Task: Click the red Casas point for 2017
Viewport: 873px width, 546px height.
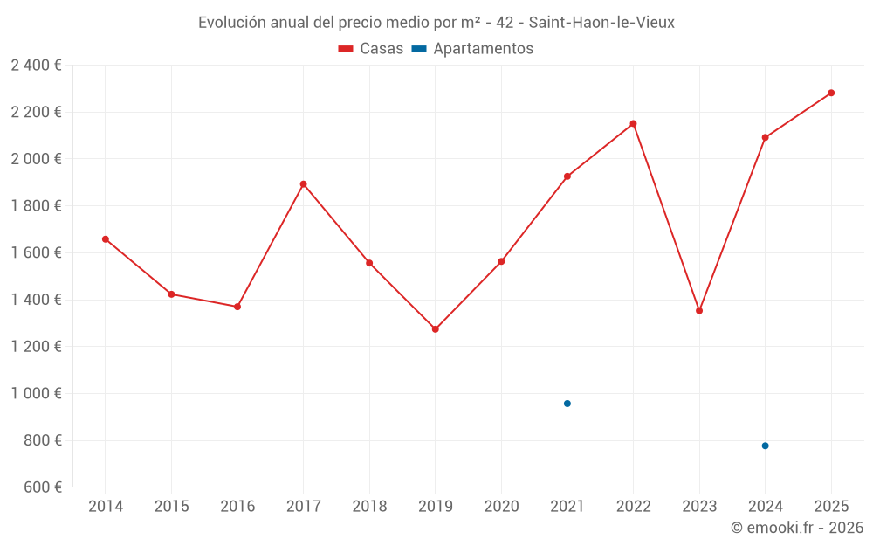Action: click(303, 184)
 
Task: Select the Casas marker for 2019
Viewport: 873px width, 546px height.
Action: click(436, 329)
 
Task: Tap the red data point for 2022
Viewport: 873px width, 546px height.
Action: click(633, 124)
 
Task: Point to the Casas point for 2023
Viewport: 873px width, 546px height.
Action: click(699, 311)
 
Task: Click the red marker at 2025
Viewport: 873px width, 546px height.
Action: click(831, 93)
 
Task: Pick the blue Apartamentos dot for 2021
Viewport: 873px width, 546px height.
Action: click(567, 404)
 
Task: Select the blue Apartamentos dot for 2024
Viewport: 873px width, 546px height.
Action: click(765, 446)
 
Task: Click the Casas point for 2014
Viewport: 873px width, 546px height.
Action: click(106, 239)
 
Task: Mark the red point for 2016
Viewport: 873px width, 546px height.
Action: click(237, 307)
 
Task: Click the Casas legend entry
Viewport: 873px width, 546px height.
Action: click(371, 49)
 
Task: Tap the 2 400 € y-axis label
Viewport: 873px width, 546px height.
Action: click(37, 65)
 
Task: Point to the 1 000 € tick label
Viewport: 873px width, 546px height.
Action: click(37, 393)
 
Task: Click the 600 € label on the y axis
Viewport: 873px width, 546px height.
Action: click(42, 487)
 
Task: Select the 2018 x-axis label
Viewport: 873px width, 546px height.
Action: click(369, 507)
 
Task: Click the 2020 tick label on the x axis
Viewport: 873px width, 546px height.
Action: click(501, 507)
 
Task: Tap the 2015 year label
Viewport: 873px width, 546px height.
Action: click(171, 507)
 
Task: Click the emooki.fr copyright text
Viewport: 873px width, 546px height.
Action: click(797, 528)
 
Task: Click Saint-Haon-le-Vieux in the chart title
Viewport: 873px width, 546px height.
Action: click(601, 23)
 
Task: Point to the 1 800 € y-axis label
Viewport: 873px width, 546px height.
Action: click(37, 206)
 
